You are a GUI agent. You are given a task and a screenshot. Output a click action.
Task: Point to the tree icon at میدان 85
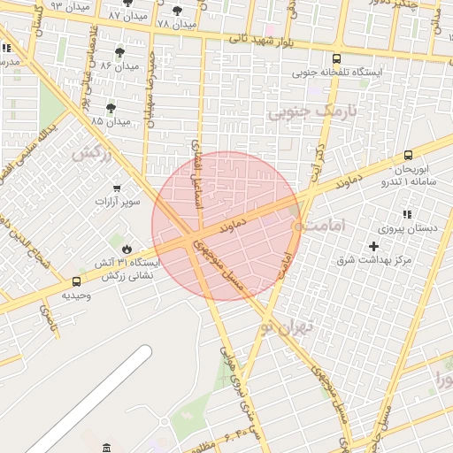coord(110,109)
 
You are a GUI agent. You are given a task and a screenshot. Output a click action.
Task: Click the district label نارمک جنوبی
coord(303,112)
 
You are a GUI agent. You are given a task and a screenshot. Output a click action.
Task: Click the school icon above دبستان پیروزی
coord(407,214)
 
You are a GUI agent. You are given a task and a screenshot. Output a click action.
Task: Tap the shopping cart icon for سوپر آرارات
coord(117,188)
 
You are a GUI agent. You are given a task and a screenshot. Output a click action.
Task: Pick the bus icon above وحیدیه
coord(76,283)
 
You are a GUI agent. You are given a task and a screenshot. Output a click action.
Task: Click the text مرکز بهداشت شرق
coord(381,260)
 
